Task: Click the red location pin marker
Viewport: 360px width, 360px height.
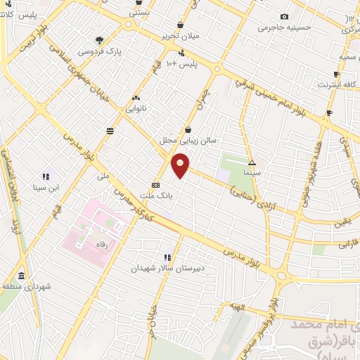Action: pos(181,165)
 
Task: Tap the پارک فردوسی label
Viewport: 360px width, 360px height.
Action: pos(99,52)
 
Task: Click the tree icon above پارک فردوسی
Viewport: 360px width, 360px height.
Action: pos(99,40)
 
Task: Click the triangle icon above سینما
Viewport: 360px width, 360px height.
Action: pos(252,162)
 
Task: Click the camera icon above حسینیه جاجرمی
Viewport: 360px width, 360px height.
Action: pos(284,17)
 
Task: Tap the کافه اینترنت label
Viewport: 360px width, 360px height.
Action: pos(333,85)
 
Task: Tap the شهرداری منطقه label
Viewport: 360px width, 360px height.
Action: pos(24,287)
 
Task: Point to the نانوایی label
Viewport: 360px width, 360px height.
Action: pos(136,109)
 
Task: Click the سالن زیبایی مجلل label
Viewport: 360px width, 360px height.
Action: pos(188,140)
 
